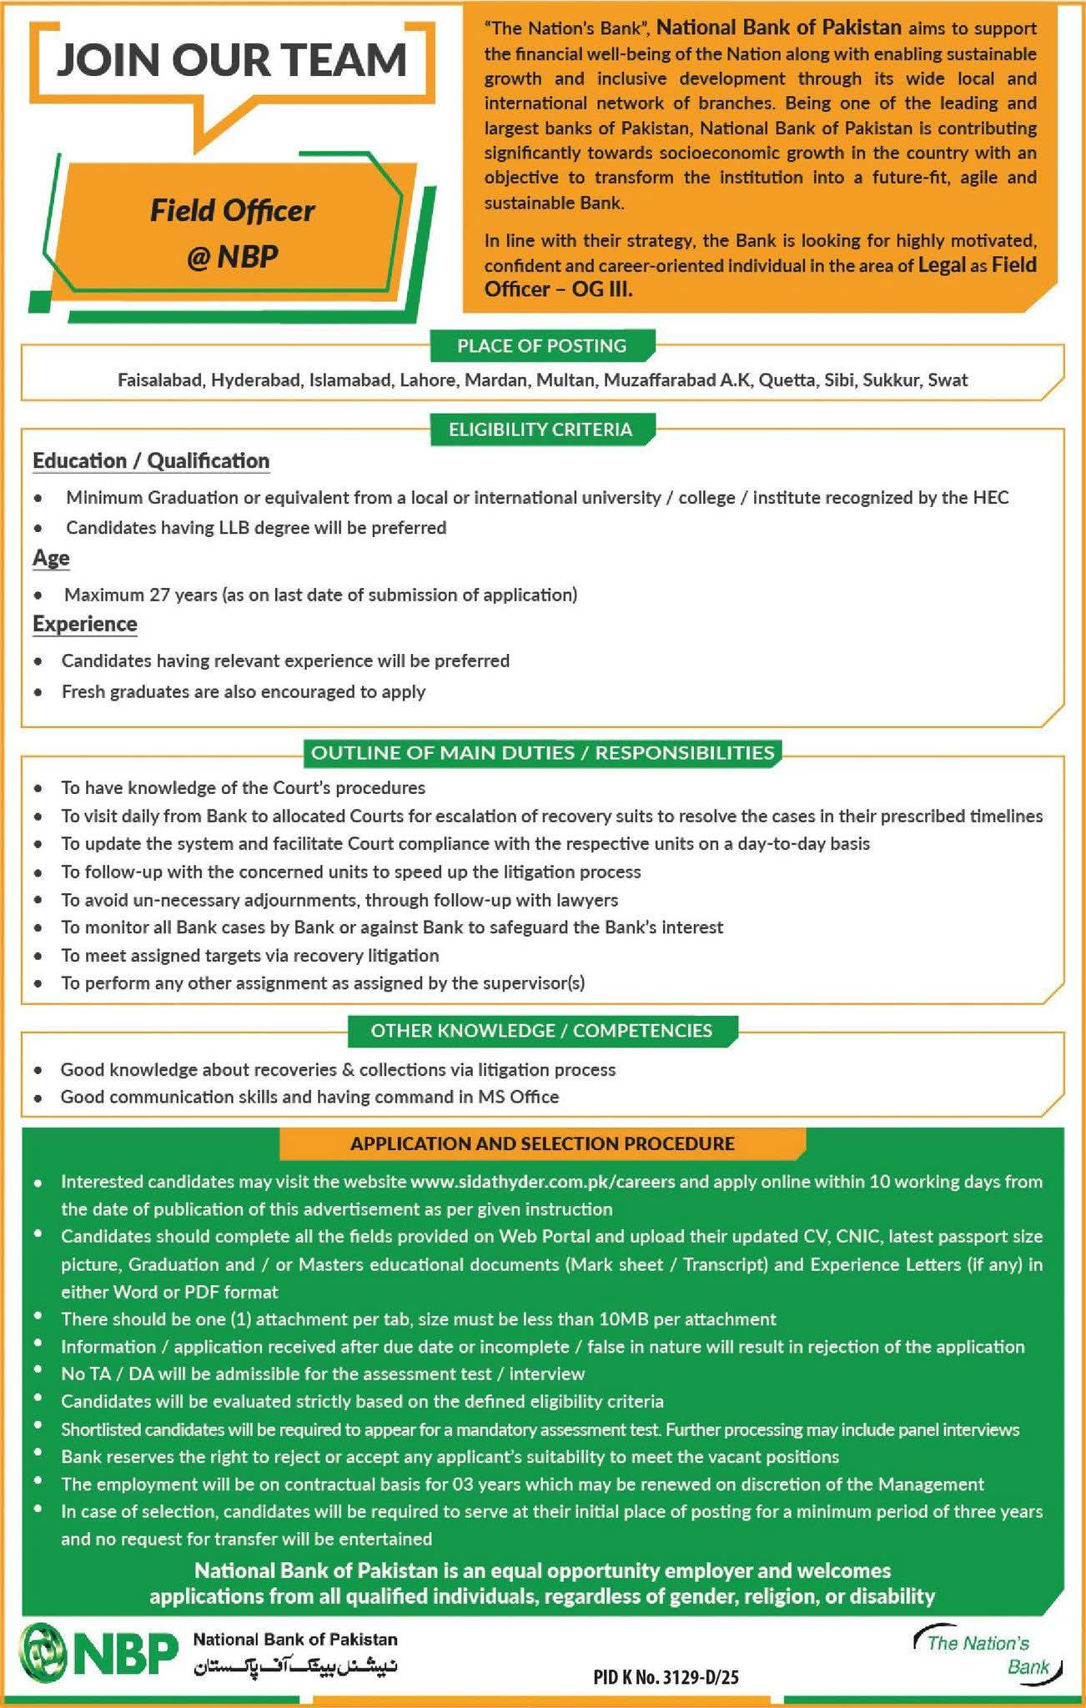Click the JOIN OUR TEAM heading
click(231, 60)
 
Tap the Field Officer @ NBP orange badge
click(232, 233)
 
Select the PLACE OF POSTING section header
click(541, 345)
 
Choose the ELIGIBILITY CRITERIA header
click(540, 430)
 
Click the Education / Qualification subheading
click(151, 461)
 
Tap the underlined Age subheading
click(51, 558)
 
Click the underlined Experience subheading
click(85, 624)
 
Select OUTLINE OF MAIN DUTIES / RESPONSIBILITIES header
click(543, 752)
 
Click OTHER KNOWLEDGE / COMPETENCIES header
click(541, 1030)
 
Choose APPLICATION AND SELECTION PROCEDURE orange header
click(542, 1143)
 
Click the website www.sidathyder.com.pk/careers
click(543, 1181)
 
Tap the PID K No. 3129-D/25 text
click(666, 1677)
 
